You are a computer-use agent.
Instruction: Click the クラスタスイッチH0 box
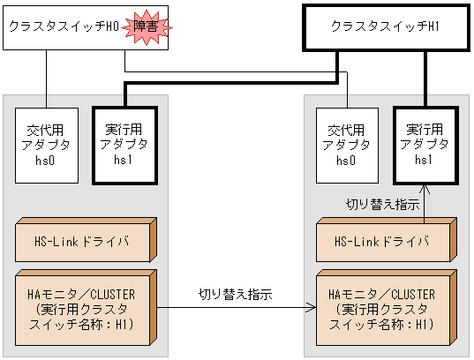pos(62,27)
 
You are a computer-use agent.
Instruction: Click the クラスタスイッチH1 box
pos(385,27)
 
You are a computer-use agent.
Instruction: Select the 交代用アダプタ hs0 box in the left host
pos(46,144)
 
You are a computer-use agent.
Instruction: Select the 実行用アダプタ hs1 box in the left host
pos(119,144)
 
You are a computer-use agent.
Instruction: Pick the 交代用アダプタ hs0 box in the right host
pos(346,144)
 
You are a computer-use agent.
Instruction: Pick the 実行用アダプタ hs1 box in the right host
pos(423,144)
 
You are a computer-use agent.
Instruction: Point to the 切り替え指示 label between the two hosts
pos(235,292)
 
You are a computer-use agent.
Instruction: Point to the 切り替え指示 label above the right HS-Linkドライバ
pos(381,204)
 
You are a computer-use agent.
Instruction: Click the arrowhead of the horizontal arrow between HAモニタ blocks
pos(312,308)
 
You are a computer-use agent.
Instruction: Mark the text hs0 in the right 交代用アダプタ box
pos(346,160)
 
